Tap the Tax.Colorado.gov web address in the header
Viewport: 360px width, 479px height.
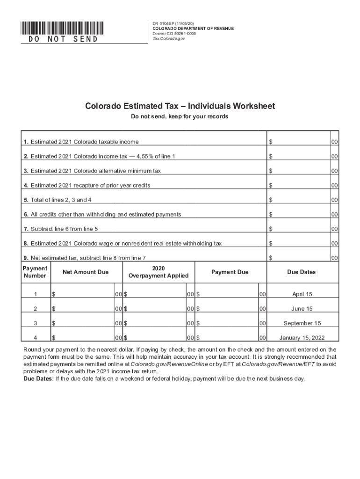(x=169, y=39)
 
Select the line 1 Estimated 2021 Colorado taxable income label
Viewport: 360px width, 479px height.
(x=81, y=142)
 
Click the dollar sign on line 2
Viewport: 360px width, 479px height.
(x=270, y=156)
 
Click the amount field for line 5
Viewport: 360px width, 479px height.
(x=299, y=200)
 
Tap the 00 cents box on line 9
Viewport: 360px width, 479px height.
(x=335, y=258)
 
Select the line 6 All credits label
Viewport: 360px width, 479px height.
(x=102, y=214)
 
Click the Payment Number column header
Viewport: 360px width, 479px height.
(x=35, y=272)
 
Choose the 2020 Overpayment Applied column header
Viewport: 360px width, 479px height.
(x=158, y=272)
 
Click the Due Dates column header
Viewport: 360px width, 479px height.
(x=302, y=272)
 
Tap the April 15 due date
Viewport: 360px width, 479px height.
(x=302, y=294)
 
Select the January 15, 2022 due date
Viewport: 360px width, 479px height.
(x=302, y=337)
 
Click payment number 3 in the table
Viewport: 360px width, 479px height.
(x=35, y=323)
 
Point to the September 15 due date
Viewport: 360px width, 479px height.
(x=302, y=323)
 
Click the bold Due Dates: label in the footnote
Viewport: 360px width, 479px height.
(x=38, y=379)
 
